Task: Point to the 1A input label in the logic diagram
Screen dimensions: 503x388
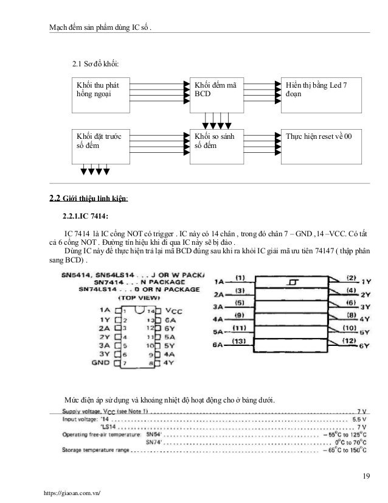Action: tap(218, 283)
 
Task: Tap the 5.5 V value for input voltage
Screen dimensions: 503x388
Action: tap(358, 419)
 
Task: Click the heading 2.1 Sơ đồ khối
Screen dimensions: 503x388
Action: tap(95, 63)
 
